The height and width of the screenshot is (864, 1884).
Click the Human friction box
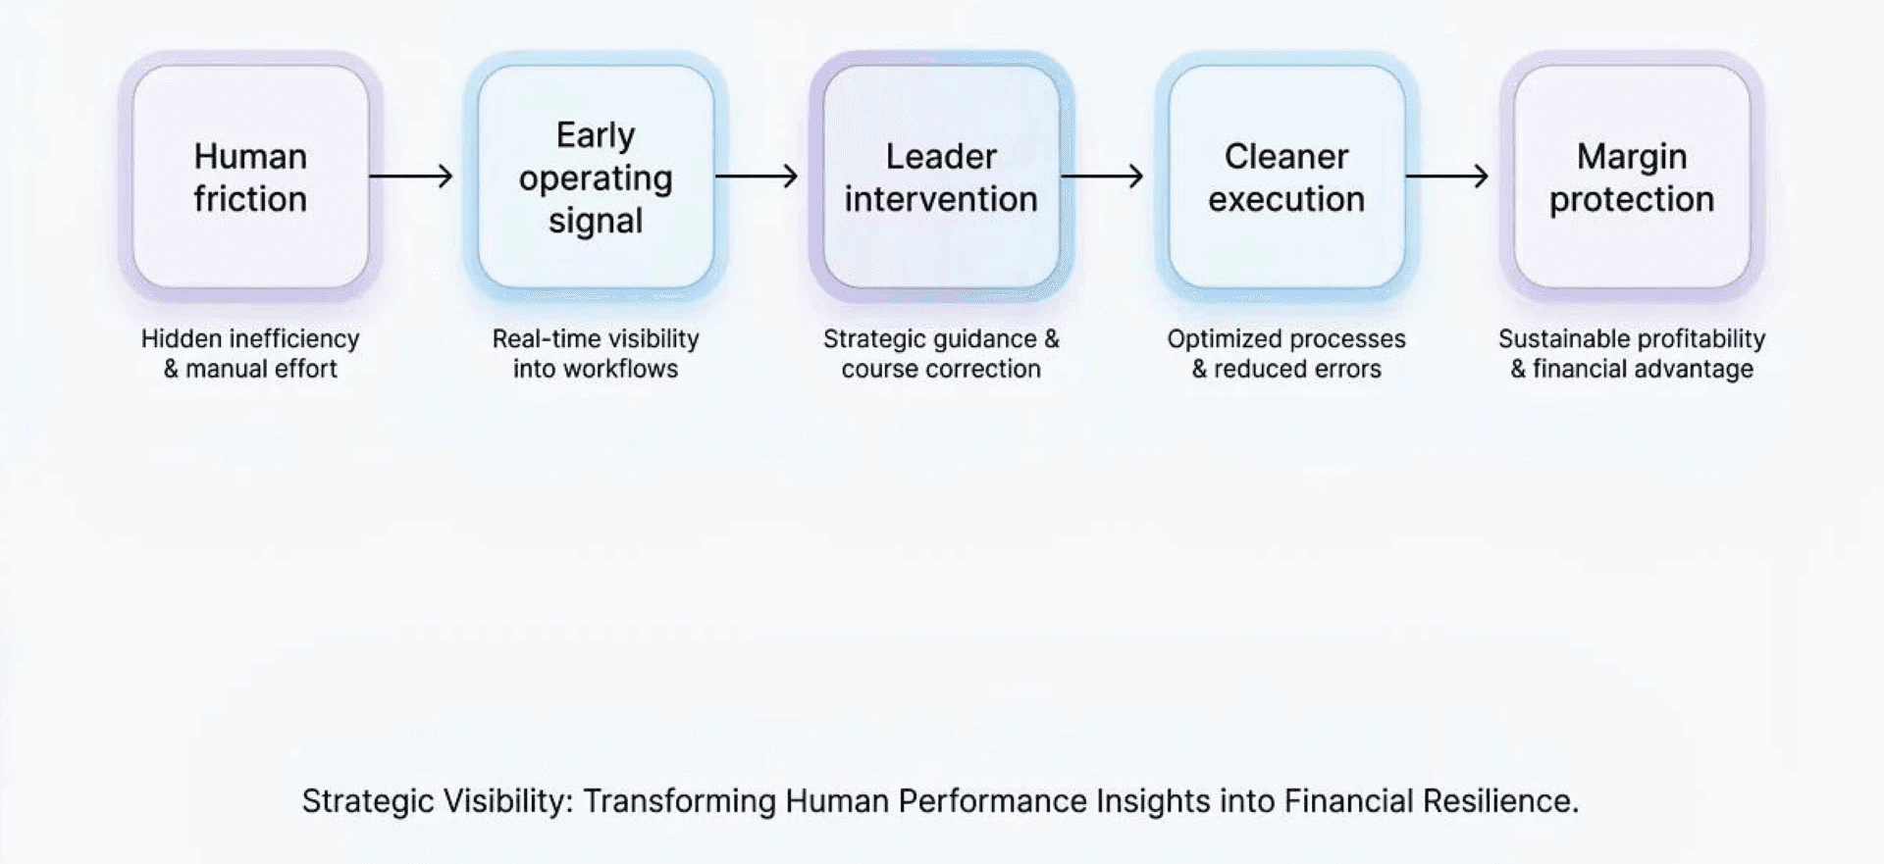tap(250, 177)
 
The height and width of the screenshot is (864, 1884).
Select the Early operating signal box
tap(596, 177)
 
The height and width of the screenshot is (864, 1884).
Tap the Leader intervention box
tap(941, 177)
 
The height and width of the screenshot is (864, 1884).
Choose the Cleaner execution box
tap(1286, 177)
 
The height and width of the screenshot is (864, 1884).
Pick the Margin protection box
tap(1632, 177)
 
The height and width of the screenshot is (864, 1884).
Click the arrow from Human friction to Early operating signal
tap(411, 177)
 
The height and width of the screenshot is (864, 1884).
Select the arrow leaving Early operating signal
tap(757, 177)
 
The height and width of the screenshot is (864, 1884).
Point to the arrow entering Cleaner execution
tap(1102, 177)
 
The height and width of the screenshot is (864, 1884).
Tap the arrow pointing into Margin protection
tap(1447, 177)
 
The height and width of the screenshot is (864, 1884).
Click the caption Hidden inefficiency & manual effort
tap(250, 353)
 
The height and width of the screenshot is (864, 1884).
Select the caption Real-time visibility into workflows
tap(596, 353)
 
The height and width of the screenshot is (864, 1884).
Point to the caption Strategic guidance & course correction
tap(941, 353)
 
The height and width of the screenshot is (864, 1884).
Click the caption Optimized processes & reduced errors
tap(1286, 353)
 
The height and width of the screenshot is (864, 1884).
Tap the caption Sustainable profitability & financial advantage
tap(1632, 353)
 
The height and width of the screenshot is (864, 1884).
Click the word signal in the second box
tap(596, 222)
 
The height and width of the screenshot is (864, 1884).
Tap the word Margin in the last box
tap(1632, 157)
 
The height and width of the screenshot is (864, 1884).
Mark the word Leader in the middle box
tap(941, 156)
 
